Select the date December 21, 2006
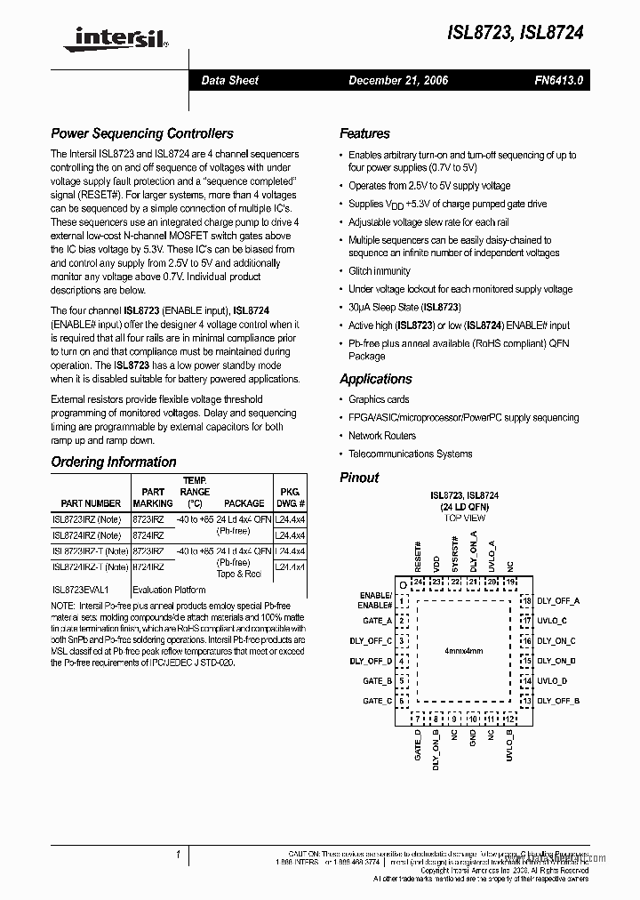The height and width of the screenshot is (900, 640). click(x=398, y=80)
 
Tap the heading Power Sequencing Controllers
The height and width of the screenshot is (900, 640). click(x=142, y=133)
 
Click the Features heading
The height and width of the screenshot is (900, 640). click(x=364, y=133)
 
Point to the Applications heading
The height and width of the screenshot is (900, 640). click(x=376, y=379)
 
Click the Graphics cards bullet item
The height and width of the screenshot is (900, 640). click(x=379, y=399)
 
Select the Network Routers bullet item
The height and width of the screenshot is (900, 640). click(x=382, y=436)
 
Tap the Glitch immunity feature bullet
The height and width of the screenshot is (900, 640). click(x=380, y=271)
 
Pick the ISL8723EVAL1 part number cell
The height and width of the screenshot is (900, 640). click(x=80, y=589)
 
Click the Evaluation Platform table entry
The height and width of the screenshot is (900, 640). click(x=171, y=589)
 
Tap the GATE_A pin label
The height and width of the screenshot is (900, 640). click(x=377, y=621)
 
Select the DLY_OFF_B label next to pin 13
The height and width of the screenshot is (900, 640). click(x=557, y=701)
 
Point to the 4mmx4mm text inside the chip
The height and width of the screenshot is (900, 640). click(x=464, y=652)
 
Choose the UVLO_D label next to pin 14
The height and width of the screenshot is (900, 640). click(x=551, y=680)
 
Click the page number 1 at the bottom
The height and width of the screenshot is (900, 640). click(x=178, y=855)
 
